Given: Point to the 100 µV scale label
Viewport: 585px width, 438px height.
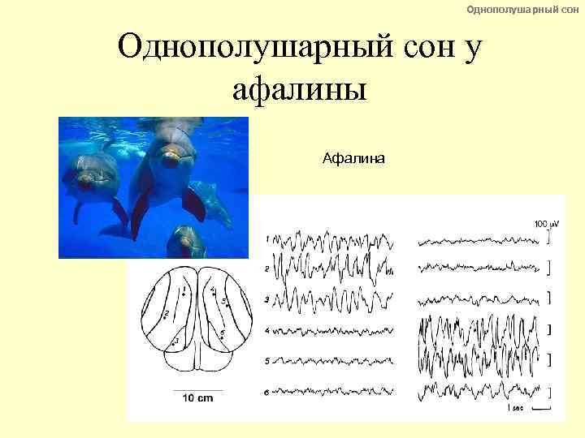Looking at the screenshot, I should tap(545, 223).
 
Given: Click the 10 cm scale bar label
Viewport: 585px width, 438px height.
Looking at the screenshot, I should tap(197, 398).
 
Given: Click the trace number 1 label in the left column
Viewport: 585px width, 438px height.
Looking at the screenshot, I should tap(267, 238).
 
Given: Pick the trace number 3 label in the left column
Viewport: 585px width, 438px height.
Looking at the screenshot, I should tap(267, 299).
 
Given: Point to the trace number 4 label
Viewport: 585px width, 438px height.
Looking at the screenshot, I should tap(267, 330).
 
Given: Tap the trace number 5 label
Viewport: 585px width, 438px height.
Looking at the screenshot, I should tap(267, 360).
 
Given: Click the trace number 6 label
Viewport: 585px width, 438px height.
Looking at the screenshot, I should tap(267, 392).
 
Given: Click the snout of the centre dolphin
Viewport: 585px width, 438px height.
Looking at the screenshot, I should tap(170, 160).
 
